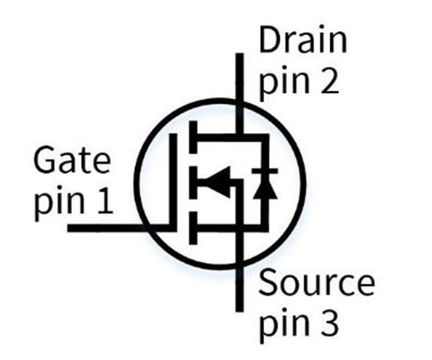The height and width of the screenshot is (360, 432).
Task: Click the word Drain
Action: tap(303, 41)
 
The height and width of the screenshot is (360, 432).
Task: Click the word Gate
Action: tap(72, 160)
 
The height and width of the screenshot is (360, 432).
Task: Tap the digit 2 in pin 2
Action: tap(328, 81)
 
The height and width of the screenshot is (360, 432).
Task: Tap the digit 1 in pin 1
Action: tap(105, 201)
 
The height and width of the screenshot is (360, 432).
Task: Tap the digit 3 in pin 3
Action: tap(328, 321)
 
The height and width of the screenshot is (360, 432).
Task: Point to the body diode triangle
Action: tap(265, 188)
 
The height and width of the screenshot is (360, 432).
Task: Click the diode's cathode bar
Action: tap(265, 171)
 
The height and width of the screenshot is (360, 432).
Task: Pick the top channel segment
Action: tap(193, 137)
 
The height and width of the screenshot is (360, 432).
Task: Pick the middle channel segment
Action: tap(193, 183)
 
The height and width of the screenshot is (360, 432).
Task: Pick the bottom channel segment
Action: tap(193, 228)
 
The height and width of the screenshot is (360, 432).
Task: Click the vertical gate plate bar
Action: tap(173, 182)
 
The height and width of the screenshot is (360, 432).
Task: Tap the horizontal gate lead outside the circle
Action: tap(106, 228)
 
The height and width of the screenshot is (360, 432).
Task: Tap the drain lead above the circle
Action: tap(240, 77)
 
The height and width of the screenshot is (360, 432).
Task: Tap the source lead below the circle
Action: tap(240, 289)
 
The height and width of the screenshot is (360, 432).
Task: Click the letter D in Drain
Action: tap(269, 41)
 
